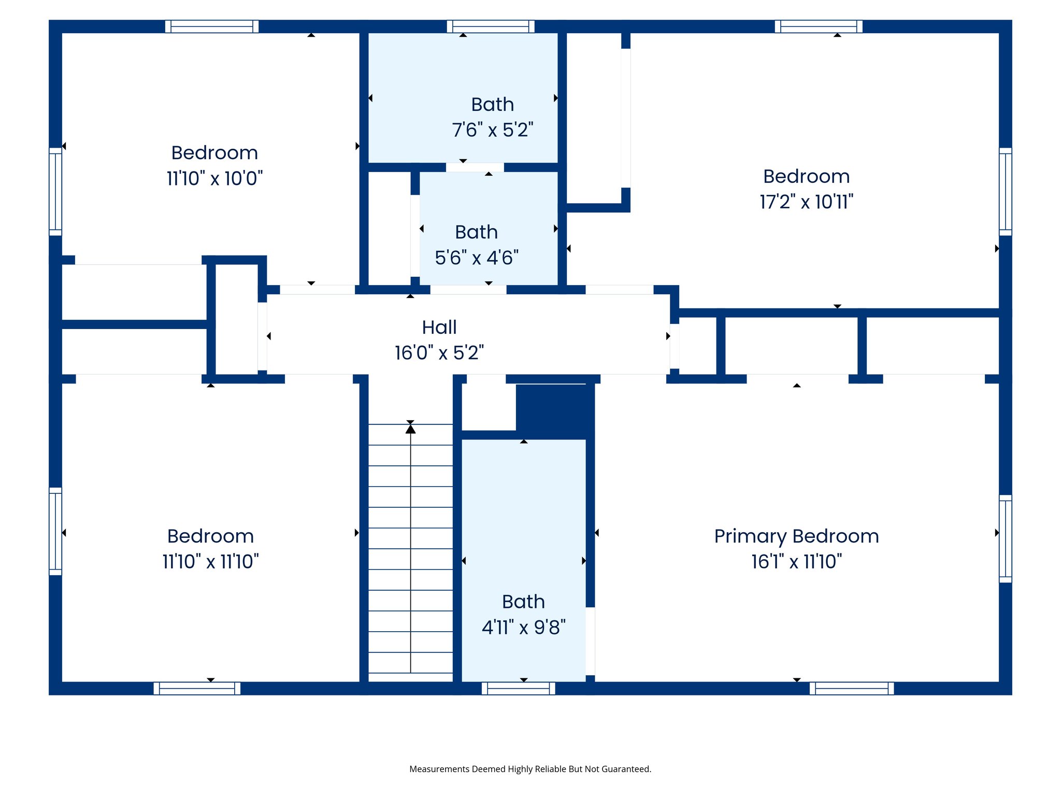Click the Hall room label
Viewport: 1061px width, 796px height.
pos(439,328)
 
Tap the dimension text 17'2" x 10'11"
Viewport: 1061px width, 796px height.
pos(806,202)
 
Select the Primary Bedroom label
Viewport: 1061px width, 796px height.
pos(796,536)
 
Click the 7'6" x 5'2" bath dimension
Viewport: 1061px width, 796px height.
pos(492,130)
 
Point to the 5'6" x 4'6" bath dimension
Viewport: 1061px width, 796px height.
pos(477,258)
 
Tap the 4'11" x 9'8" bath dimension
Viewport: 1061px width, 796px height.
pos(523,628)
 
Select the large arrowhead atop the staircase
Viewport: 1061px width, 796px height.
pos(410,429)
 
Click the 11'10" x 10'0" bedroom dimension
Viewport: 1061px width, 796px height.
pos(214,179)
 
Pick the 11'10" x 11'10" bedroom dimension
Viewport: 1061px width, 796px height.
pos(210,562)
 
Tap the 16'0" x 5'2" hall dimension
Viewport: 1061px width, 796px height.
pos(439,353)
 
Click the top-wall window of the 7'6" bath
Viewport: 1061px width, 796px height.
pos(491,26)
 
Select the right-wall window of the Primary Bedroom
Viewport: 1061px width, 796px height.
pos(1005,538)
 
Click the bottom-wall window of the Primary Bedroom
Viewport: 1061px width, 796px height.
pos(852,688)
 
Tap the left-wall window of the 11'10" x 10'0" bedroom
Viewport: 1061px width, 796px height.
pos(55,191)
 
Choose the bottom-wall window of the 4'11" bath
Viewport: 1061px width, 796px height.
pos(518,688)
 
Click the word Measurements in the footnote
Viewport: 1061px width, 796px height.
pos(439,769)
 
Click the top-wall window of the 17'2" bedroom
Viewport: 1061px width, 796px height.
pos(819,26)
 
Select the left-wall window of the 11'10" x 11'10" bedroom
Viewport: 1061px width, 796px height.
pos(55,531)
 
